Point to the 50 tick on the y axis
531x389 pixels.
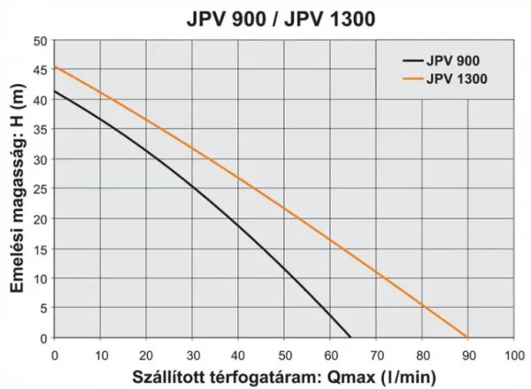[x=40, y=41]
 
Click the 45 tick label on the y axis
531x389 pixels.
[x=40, y=71]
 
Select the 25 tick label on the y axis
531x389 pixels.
[x=40, y=189]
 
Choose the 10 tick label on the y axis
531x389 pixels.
[x=40, y=278]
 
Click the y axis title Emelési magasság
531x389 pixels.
[x=15, y=190]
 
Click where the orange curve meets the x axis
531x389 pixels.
[x=467, y=338]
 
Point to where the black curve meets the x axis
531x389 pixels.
[x=350, y=338]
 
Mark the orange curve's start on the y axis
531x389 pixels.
[x=55, y=67]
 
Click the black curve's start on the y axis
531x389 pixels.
[x=55, y=91]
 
